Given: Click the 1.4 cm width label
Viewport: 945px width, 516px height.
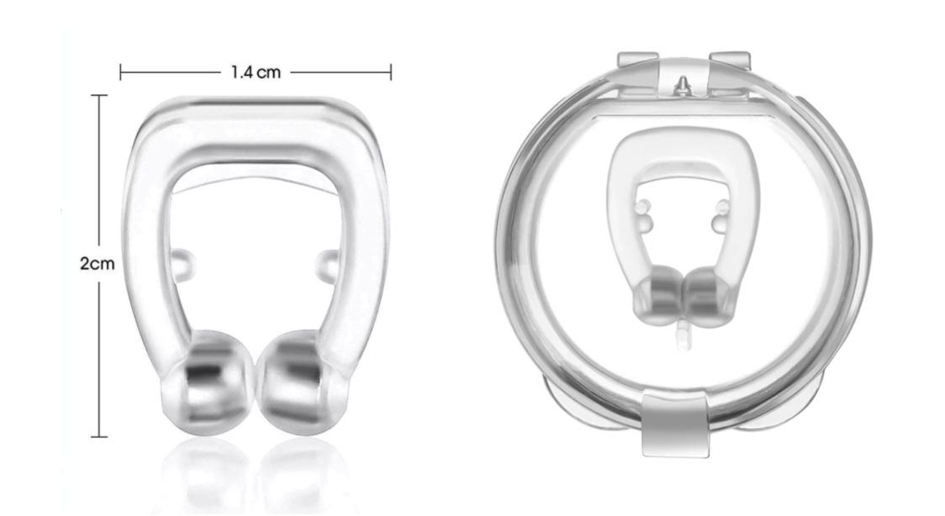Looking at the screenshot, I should pyautogui.click(x=256, y=73).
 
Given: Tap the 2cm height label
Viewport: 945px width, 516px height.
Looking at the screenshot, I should pyautogui.click(x=98, y=263).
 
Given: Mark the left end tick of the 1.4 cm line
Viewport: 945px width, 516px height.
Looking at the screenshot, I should pyautogui.click(x=121, y=73).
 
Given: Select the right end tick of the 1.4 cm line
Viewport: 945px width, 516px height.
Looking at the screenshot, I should pyautogui.click(x=391, y=73).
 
